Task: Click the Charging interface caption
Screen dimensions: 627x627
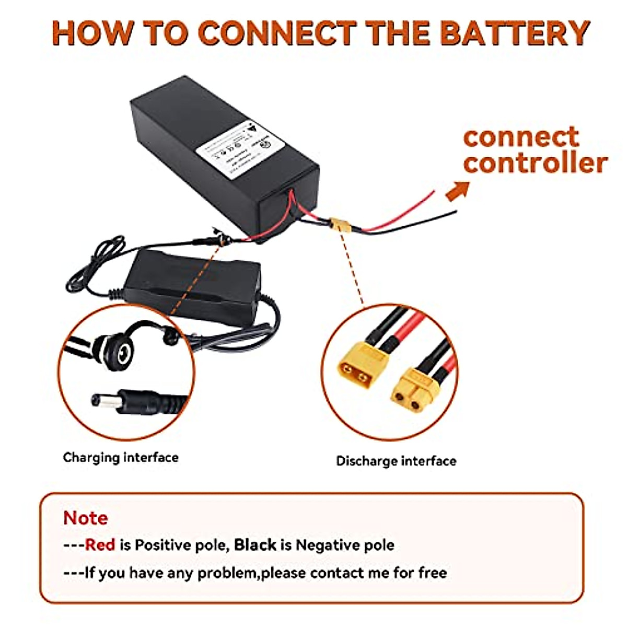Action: (x=121, y=458)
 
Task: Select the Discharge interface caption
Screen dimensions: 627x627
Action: (x=396, y=461)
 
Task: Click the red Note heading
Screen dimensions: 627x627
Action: (x=85, y=518)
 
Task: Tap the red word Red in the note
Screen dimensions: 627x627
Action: (x=100, y=545)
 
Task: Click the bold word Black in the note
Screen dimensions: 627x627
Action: (x=255, y=545)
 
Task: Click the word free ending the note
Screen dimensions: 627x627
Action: (x=432, y=573)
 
